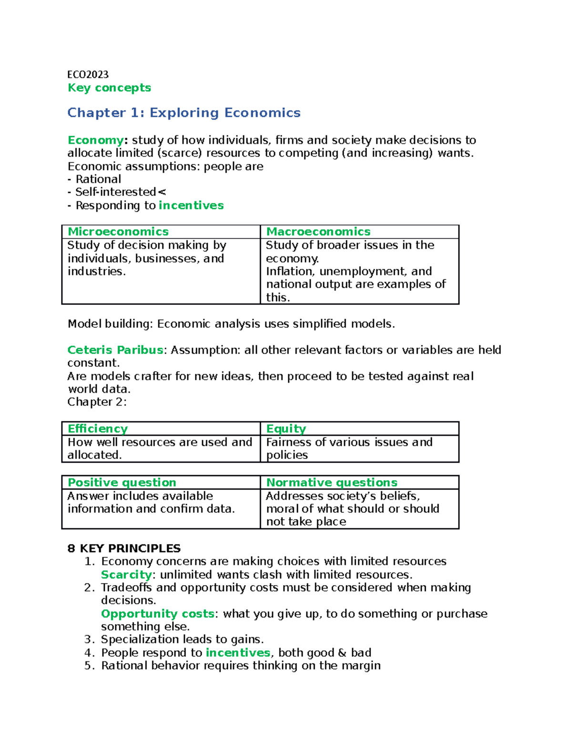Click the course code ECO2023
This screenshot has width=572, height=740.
click(x=88, y=74)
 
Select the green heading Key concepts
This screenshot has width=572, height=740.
click(x=109, y=88)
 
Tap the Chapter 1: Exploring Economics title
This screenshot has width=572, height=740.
click(x=184, y=113)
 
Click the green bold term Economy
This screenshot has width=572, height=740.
click(x=95, y=140)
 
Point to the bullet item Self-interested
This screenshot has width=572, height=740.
click(x=115, y=192)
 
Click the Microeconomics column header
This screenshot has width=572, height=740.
click(x=118, y=232)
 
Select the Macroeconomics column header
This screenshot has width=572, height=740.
click(x=318, y=232)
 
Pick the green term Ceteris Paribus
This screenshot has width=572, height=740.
click(x=115, y=350)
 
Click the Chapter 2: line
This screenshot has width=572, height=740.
click(x=97, y=402)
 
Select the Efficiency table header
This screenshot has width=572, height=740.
click(x=97, y=429)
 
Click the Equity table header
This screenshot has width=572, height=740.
click(x=286, y=429)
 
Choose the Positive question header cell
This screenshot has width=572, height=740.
click(x=122, y=483)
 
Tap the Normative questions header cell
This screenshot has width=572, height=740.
click(x=331, y=483)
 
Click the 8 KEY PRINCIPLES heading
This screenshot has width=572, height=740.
click(x=124, y=548)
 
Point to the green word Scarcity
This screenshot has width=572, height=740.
click(x=126, y=575)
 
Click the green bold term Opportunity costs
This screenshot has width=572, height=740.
click(x=157, y=614)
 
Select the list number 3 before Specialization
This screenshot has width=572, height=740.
click(x=88, y=639)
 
